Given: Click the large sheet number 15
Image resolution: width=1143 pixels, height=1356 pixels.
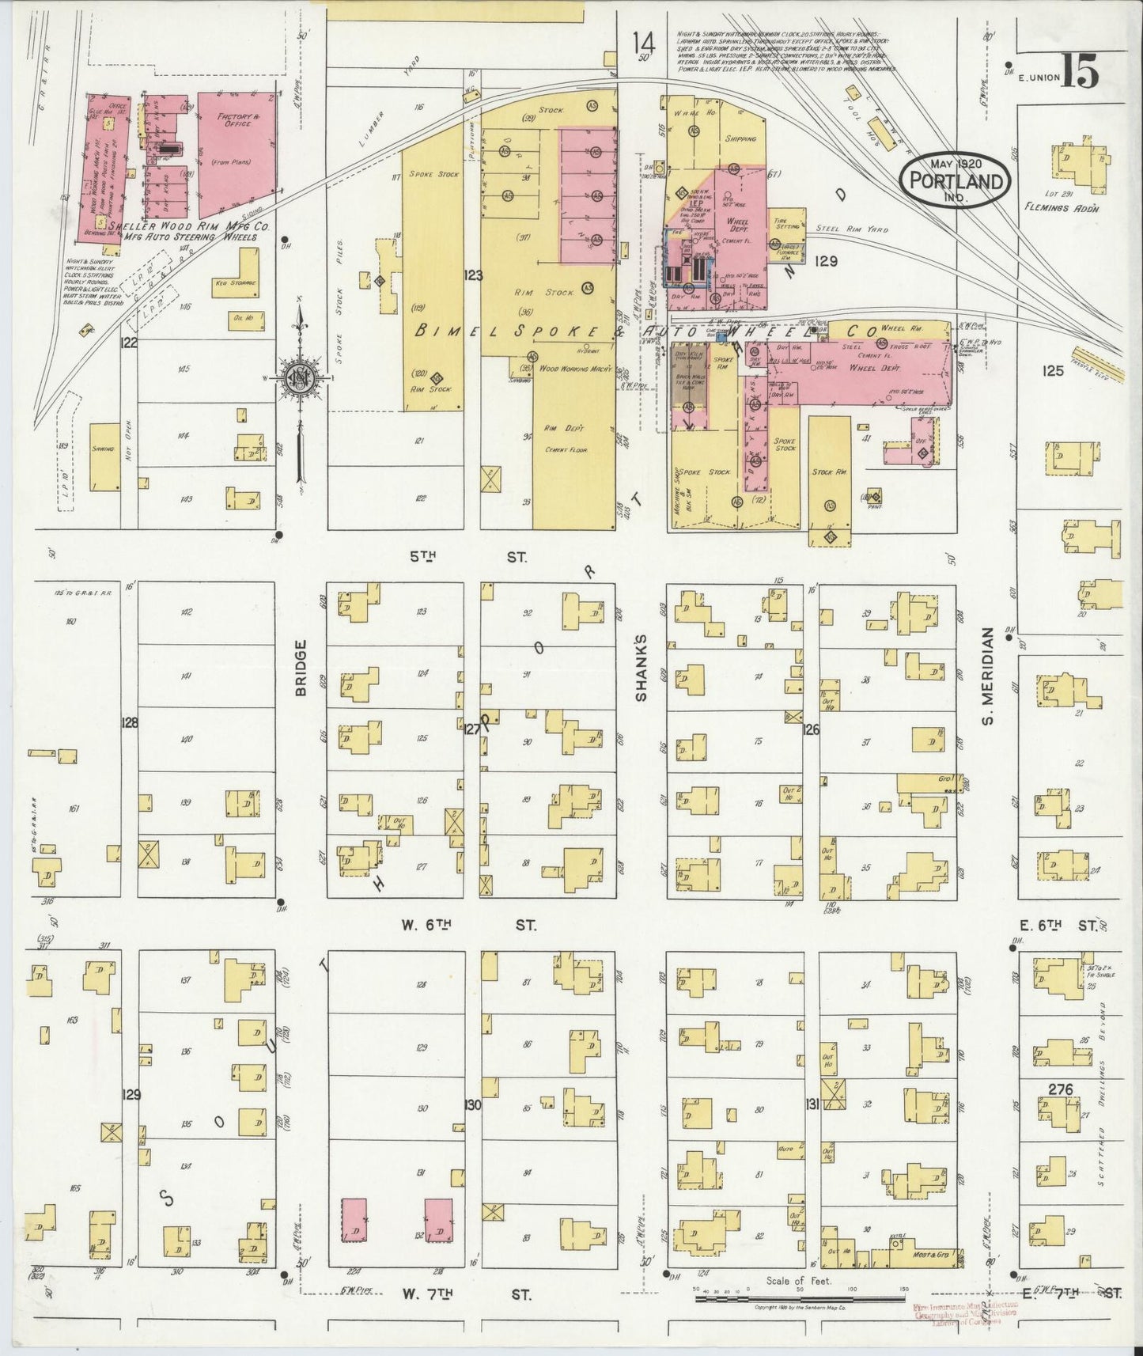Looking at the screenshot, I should pyautogui.click(x=1079, y=74).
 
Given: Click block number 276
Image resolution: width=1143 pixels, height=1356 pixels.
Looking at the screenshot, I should pyautogui.click(x=1060, y=1089).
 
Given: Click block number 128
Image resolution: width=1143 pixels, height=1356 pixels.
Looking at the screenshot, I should pyautogui.click(x=129, y=722).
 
